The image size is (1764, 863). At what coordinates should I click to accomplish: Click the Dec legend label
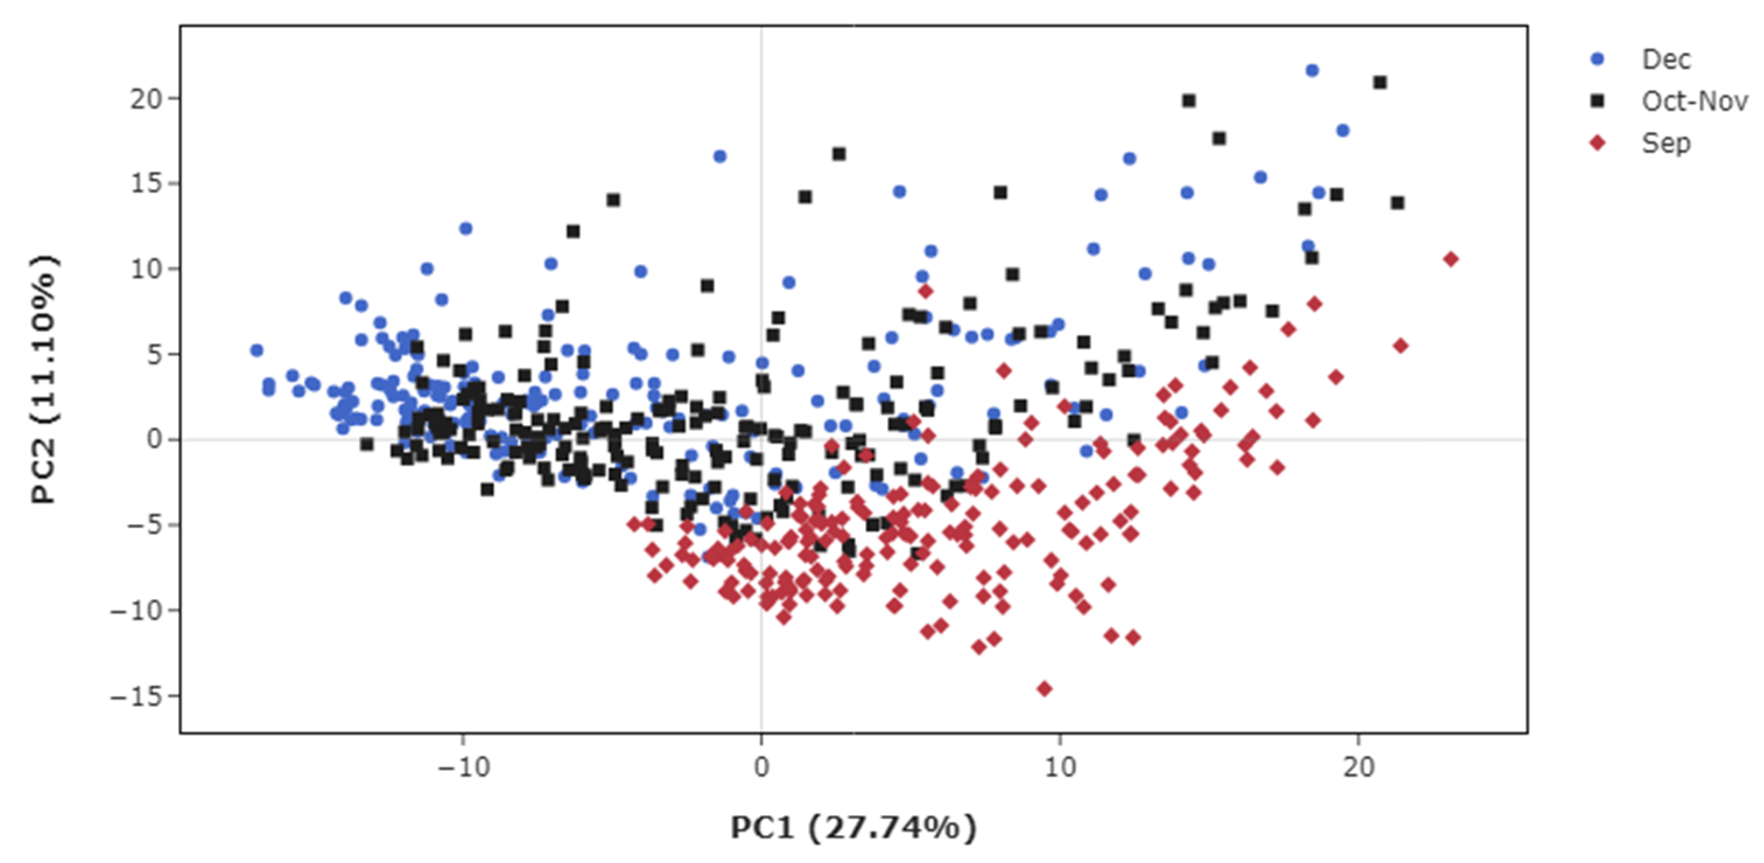tap(1665, 59)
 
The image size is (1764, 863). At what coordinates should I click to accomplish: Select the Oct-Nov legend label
tap(1694, 101)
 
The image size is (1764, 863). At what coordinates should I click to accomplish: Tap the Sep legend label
tap(1665, 143)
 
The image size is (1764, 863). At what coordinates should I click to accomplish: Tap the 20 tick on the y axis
tap(146, 99)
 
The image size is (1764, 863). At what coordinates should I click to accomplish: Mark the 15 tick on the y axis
tap(146, 184)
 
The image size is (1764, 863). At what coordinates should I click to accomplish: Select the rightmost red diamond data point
tap(1450, 259)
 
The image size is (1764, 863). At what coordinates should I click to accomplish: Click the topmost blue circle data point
tap(1312, 71)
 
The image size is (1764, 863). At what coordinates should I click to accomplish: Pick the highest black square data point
tap(1380, 83)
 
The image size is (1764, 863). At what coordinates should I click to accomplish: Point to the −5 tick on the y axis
tap(141, 525)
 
